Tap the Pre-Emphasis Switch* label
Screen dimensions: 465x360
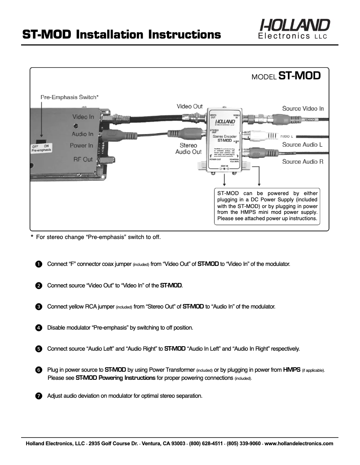tap(70, 97)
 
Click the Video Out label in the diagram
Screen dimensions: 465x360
tap(189, 106)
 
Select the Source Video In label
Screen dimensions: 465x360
tap(303, 109)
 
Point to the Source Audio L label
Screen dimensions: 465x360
tap(302, 144)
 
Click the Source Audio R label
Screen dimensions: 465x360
tap(303, 161)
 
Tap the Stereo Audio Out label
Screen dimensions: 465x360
tap(188, 149)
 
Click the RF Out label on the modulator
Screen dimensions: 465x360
tap(83, 159)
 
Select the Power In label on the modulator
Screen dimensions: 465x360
tap(81, 145)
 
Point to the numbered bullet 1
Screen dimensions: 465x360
tap(39, 264)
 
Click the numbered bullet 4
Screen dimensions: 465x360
tap(39, 328)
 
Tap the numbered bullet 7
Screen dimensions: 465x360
tap(39, 396)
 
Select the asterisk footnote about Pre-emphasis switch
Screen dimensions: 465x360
tap(96, 237)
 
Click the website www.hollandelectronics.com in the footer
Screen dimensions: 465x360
tap(299, 443)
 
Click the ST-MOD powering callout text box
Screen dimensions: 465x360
tap(267, 206)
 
